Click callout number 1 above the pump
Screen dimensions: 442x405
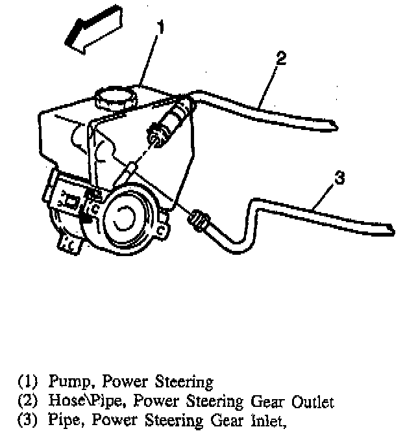[x=160, y=27]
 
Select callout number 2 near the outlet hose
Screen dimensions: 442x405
[x=280, y=58]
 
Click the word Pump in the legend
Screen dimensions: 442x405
[x=66, y=381]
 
